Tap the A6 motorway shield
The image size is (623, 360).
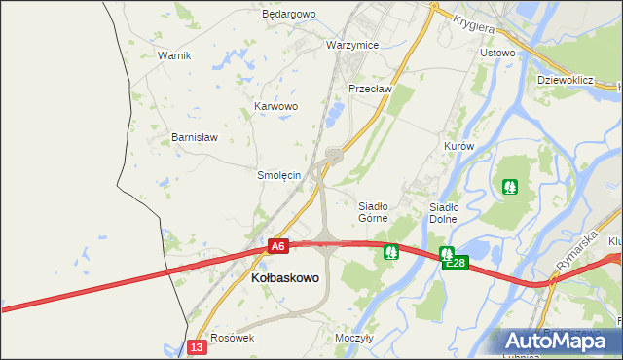pos(278,247)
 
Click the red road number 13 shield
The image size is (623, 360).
pos(198,347)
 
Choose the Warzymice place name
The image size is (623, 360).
pos(352,46)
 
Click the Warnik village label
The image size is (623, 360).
pos(174,55)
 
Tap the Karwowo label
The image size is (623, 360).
pos(275,106)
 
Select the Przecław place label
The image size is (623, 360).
pos(370,89)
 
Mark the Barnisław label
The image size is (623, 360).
pos(195,137)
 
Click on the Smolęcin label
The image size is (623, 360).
pos(277,176)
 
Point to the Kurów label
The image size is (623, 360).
pos(458,146)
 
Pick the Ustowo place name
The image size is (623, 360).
pos(497,53)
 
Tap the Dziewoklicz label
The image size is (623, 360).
pos(566,80)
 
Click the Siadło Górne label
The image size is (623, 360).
pos(374,212)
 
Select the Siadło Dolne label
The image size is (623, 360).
pos(444,213)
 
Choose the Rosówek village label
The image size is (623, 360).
pos(233,338)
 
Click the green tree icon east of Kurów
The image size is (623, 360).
pos(509,185)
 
